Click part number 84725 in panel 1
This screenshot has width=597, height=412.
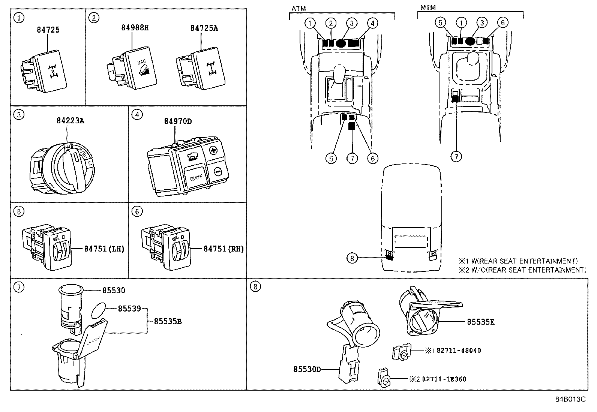[x=48, y=30]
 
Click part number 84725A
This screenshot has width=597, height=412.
[x=204, y=28]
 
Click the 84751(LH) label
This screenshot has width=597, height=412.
[x=104, y=249]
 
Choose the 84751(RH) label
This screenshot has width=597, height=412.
[x=223, y=249]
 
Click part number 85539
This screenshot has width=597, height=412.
[x=129, y=309]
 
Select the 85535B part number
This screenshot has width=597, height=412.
[x=168, y=321]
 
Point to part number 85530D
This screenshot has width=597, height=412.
[x=307, y=369]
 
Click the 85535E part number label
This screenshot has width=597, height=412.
[x=480, y=322]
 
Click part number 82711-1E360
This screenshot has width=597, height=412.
[x=444, y=379]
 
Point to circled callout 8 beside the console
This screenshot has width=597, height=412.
[x=351, y=258]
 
